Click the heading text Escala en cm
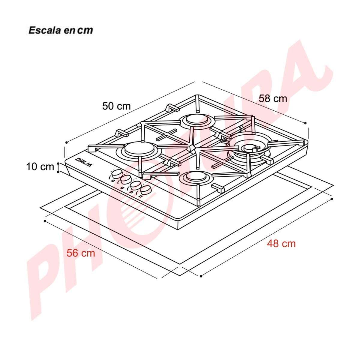point(61,30)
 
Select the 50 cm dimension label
point(116,106)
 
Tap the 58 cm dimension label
point(273,98)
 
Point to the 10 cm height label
point(40,167)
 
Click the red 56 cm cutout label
point(81,253)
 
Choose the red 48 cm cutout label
point(281,244)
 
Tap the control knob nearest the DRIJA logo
point(117,174)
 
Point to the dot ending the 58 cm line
point(305,123)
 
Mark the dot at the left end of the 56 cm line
point(45,221)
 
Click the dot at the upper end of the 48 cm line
point(332,199)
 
